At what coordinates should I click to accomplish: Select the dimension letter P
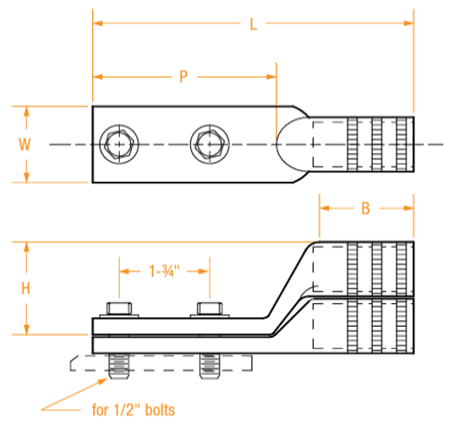pos(183,77)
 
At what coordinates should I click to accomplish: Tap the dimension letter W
pos(26,144)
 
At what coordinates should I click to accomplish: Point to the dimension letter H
pos(26,289)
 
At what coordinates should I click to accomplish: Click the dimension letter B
pos(365,208)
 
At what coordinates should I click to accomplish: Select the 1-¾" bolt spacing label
pos(164,271)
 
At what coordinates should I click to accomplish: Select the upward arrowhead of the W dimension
pos(26,110)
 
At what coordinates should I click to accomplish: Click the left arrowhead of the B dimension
pos(324,208)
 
